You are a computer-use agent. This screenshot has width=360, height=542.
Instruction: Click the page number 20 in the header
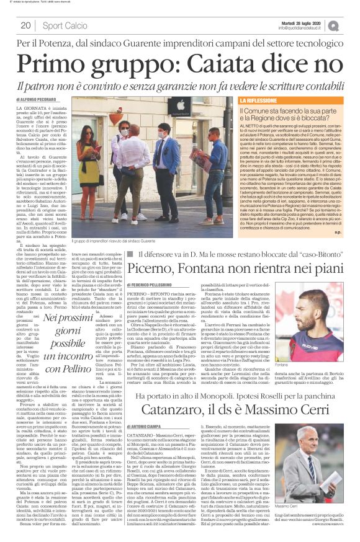25,25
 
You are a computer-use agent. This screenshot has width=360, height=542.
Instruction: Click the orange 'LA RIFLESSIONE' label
265,100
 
